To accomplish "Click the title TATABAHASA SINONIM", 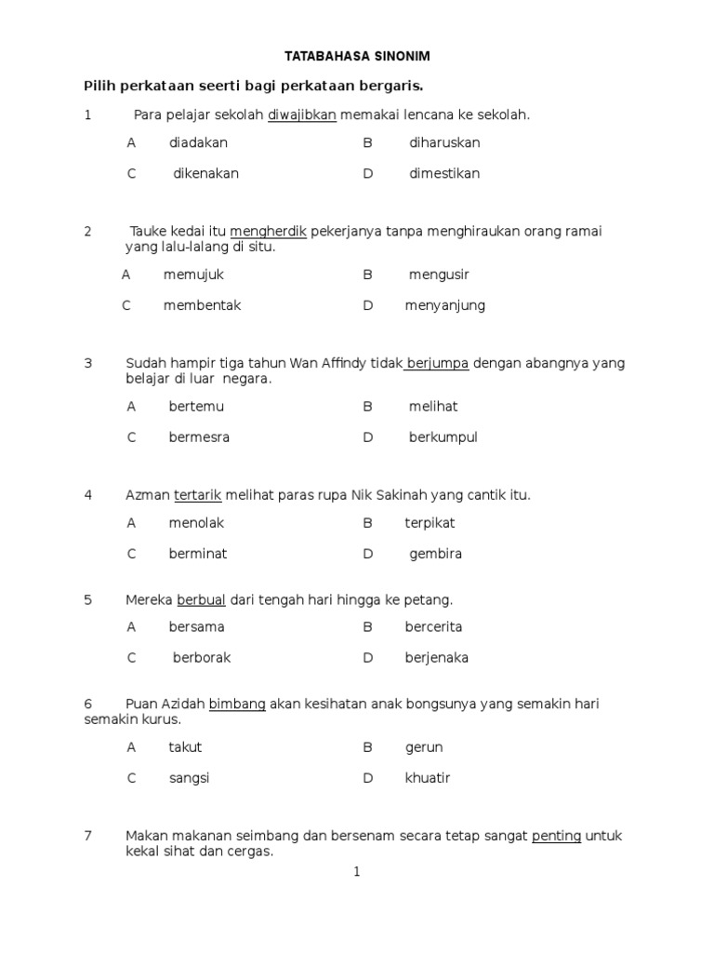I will [356, 57].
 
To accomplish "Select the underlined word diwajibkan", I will [301, 114].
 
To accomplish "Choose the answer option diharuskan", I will [444, 143].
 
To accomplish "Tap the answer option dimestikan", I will [444, 174].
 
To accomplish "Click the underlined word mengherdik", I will [268, 231].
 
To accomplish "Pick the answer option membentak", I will [202, 305].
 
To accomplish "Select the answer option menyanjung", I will [444, 305].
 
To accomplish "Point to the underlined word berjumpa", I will [437, 363].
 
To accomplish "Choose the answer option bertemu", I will [196, 407].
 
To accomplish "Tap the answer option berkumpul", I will [443, 437].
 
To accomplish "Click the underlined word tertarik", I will [197, 495].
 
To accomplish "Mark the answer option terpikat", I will [430, 523].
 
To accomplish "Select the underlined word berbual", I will [202, 600].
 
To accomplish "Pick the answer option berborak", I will [202, 658].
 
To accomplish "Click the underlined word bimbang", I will [237, 705].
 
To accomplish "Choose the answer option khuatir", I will [428, 778].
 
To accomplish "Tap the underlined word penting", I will [556, 836].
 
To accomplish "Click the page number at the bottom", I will [356, 872].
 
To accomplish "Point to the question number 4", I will [88, 495].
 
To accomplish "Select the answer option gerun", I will [424, 747].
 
